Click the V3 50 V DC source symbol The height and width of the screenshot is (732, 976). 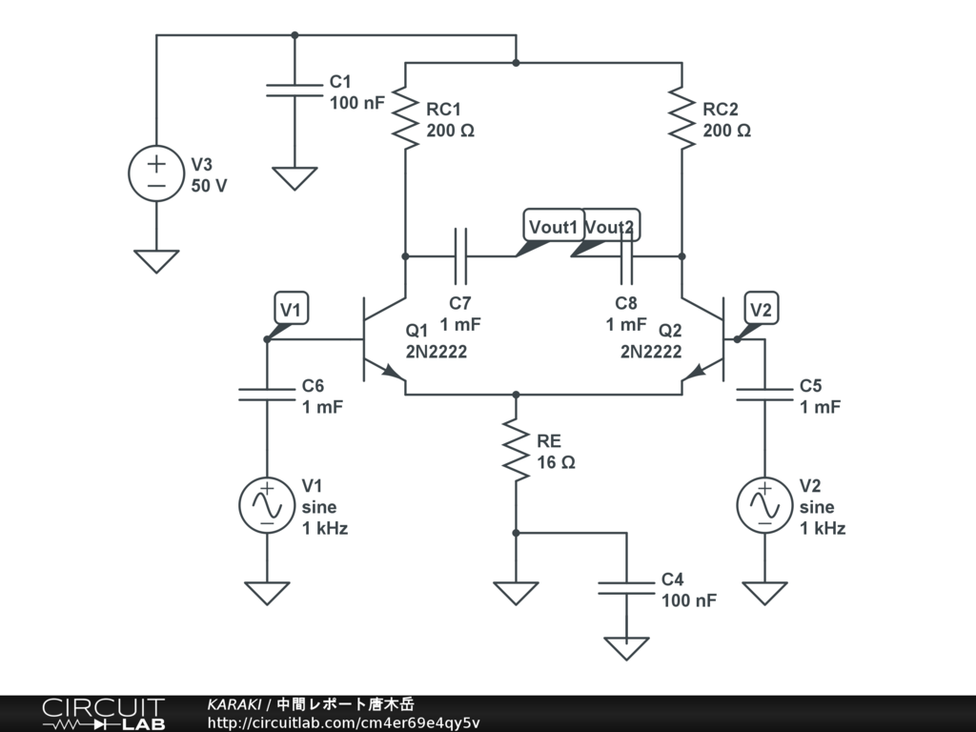pyautogui.click(x=156, y=173)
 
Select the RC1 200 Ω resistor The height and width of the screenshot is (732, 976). pyautogui.click(x=405, y=118)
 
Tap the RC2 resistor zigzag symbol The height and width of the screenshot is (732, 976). pyautogui.click(x=681, y=118)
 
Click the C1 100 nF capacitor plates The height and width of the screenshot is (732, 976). pyautogui.click(x=295, y=91)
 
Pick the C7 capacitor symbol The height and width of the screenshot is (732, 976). pyautogui.click(x=460, y=255)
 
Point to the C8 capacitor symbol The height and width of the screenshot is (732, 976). pyautogui.click(x=626, y=255)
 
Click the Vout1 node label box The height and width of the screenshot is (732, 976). pyautogui.click(x=554, y=225)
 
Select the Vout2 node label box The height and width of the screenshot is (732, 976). pyautogui.click(x=611, y=225)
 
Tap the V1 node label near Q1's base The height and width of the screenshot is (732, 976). pyautogui.click(x=292, y=308)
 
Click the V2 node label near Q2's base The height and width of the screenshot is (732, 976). pyautogui.click(x=762, y=308)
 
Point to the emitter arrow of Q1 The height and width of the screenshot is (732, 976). pyautogui.click(x=392, y=372)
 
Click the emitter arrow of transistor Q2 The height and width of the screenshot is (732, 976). pyautogui.click(x=695, y=372)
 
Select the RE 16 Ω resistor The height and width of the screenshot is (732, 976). pyautogui.click(x=516, y=450)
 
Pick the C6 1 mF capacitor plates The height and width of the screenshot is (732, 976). pyautogui.click(x=267, y=395)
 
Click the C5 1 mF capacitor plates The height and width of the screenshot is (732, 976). pyautogui.click(x=765, y=395)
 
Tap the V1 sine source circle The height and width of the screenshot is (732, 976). pyautogui.click(x=267, y=505)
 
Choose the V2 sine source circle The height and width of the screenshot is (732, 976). pyautogui.click(x=765, y=505)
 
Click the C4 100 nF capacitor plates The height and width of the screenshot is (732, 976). pyautogui.click(x=626, y=588)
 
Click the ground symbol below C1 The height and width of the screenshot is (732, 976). pyautogui.click(x=295, y=178)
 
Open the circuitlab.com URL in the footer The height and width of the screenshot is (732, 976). pyautogui.click(x=343, y=722)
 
